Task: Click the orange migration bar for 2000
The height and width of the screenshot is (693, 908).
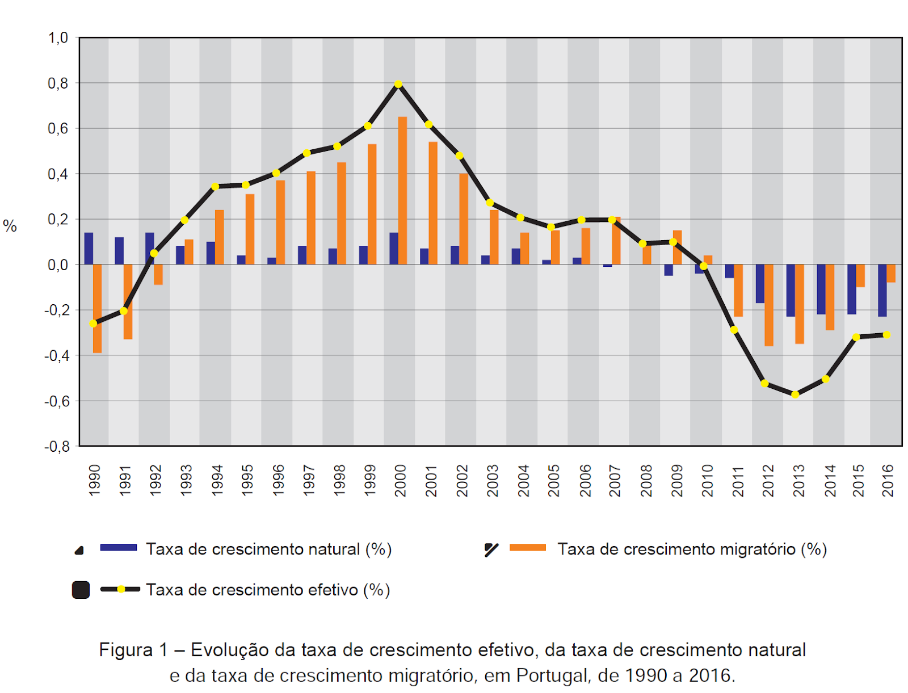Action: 402,190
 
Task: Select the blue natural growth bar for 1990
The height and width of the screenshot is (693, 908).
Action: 89,248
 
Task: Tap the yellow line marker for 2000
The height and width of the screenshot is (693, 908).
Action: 398,84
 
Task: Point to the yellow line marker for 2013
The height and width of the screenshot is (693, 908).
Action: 795,394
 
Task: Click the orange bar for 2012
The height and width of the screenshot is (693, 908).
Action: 768,305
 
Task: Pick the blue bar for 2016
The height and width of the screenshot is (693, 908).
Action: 882,291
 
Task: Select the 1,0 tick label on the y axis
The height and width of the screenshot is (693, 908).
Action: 58,37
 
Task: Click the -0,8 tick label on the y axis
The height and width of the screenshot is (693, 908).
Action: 57,447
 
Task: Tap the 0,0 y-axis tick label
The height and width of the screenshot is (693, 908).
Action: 58,265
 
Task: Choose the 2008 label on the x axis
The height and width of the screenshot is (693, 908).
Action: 646,480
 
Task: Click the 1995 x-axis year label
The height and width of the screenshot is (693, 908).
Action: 247,480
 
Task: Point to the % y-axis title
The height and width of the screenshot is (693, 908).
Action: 10,226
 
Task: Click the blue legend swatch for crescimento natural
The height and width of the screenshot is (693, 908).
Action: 118,547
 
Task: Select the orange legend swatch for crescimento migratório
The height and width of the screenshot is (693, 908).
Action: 527,547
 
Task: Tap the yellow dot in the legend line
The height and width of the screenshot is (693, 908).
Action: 121,589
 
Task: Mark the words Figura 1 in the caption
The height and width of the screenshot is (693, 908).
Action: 133,650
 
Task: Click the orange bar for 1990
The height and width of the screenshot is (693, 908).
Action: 97,309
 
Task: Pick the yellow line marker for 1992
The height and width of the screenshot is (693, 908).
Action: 154,253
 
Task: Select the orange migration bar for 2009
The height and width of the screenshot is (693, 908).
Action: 677,247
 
